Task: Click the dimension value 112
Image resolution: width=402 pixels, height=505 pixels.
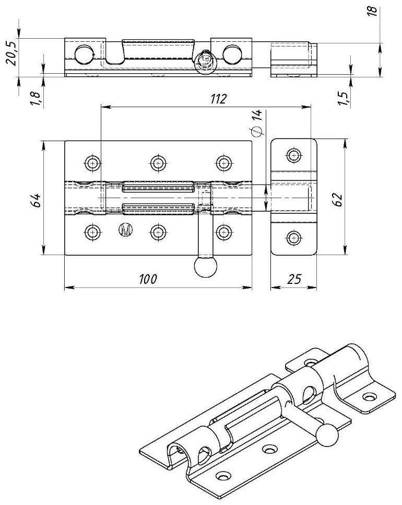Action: point(219,99)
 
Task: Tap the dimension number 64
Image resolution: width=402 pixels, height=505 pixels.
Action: point(36,200)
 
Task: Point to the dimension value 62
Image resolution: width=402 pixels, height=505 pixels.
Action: point(337,198)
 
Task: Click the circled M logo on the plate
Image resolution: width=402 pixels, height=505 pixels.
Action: point(125,229)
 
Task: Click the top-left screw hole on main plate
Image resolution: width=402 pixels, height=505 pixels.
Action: point(92,163)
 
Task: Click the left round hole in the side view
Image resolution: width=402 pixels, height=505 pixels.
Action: point(83,53)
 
